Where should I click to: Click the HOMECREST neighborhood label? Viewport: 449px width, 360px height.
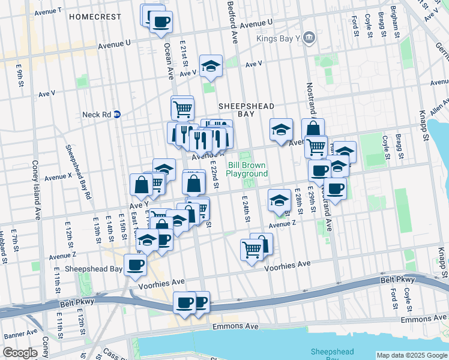click(x=95, y=17)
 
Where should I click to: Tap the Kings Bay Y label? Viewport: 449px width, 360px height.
click(x=278, y=39)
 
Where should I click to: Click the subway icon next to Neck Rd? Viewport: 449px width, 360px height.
click(x=118, y=113)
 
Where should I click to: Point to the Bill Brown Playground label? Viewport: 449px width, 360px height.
click(x=247, y=169)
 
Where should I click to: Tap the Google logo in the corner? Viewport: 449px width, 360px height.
click(x=20, y=353)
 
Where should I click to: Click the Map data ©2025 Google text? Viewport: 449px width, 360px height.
click(x=412, y=355)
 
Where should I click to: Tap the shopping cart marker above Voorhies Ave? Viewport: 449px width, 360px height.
click(x=252, y=249)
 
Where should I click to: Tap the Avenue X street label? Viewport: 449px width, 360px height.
click(x=58, y=177)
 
